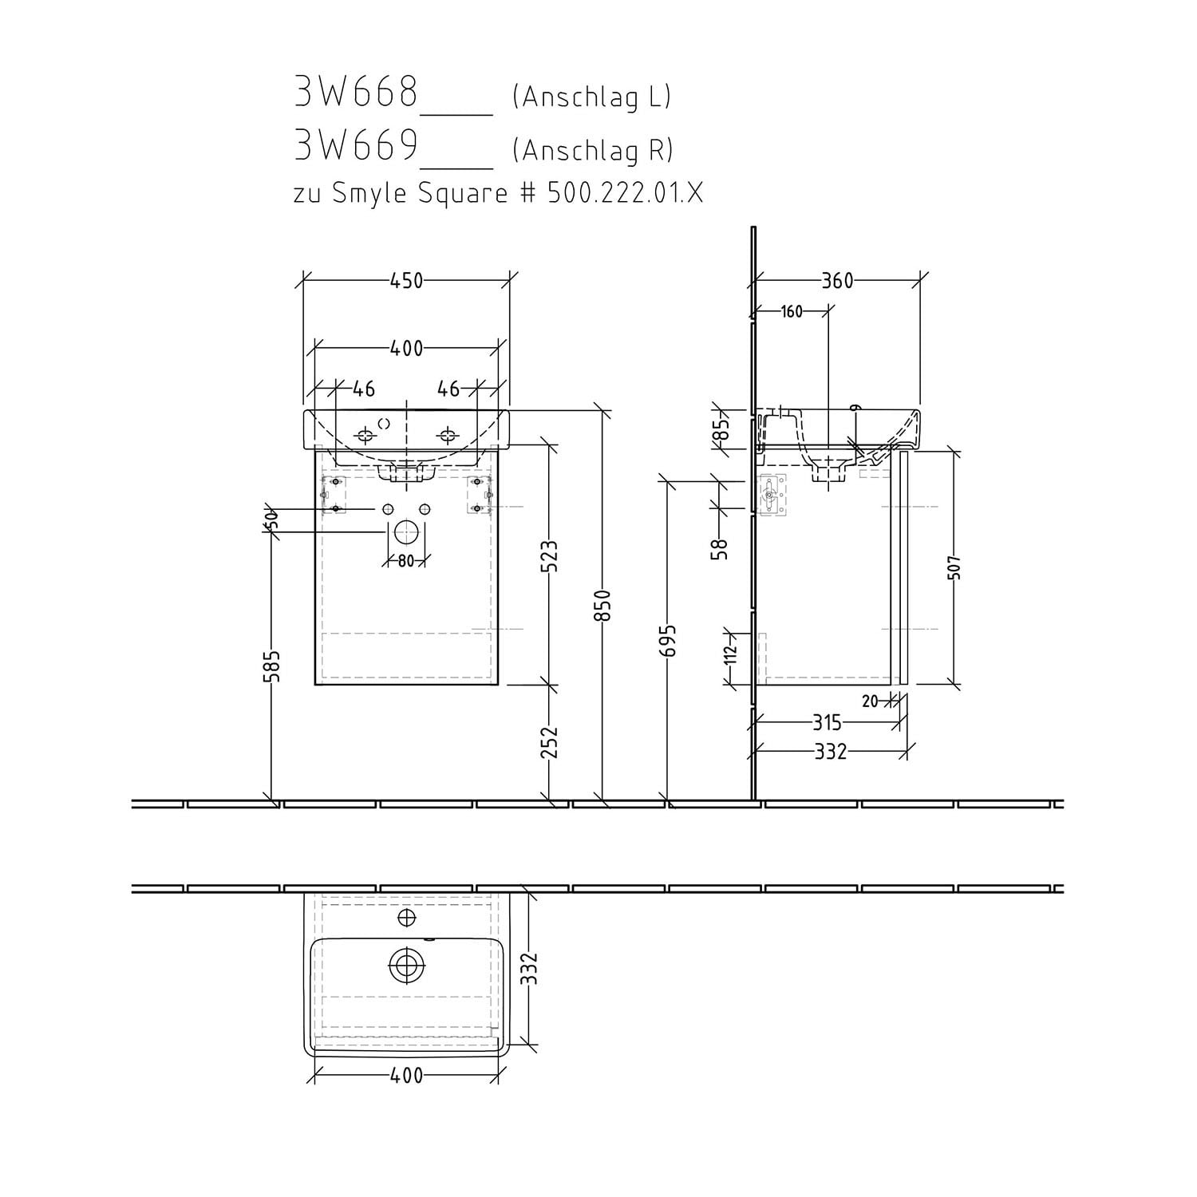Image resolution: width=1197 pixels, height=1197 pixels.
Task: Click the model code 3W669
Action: click(x=356, y=145)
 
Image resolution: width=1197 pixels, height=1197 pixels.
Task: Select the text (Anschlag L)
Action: click(x=591, y=97)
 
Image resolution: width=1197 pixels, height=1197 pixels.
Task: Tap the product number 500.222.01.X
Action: click(x=626, y=192)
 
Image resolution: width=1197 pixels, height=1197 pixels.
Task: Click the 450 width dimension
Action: click(x=406, y=281)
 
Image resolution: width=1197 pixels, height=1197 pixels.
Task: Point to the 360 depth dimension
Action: click(x=837, y=281)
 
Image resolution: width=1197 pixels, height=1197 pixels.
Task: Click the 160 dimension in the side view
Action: click(x=791, y=312)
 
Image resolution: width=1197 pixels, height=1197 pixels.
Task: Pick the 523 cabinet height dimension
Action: click(x=549, y=557)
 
